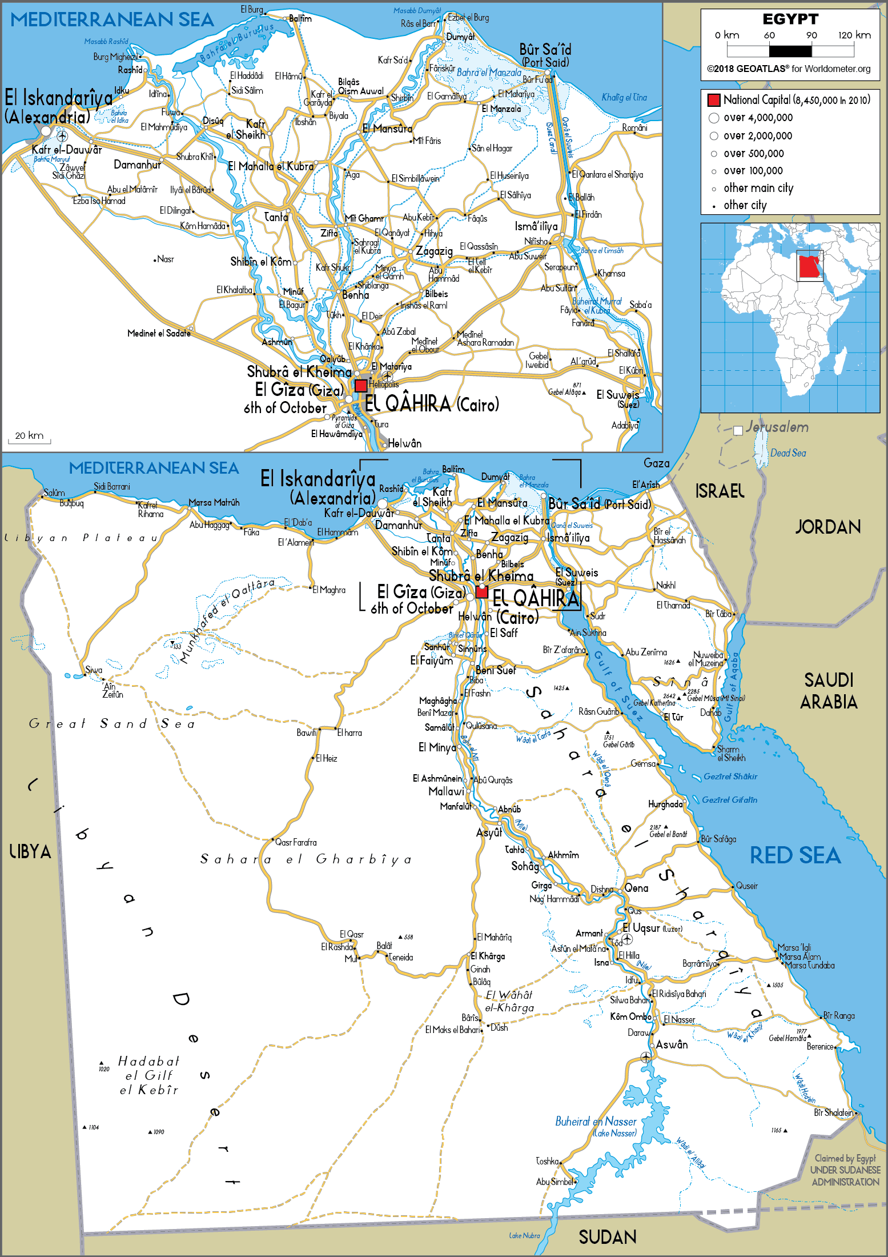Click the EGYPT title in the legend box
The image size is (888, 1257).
point(790,19)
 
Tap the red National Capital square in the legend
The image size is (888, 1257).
point(714,100)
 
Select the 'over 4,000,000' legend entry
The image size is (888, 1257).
point(758,118)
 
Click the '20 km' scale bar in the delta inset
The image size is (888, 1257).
point(29,437)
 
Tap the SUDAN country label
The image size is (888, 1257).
point(607,1237)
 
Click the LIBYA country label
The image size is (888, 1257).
point(30,851)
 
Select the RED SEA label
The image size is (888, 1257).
point(795,855)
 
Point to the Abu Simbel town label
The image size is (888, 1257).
point(554,1182)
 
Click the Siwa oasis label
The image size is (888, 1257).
point(94,670)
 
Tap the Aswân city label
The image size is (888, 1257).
point(672,1044)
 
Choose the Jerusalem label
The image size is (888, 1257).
point(777,427)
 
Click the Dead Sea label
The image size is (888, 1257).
point(788,453)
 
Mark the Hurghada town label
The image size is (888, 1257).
point(665,804)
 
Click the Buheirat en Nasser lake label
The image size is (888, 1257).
point(596,1122)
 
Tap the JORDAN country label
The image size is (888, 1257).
point(827,527)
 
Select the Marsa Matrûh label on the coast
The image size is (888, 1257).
point(214,503)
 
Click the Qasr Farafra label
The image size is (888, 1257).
point(296,842)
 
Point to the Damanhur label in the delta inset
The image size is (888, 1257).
point(137,165)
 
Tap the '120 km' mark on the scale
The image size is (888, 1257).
point(854,35)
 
